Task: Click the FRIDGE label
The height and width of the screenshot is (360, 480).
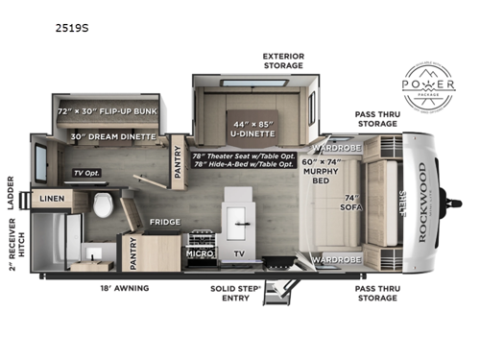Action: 159,221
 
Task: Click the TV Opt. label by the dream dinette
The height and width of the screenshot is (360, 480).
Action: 87,174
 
